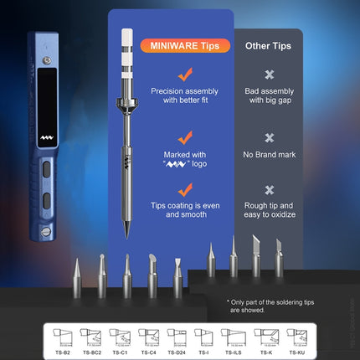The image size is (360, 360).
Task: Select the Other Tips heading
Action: click(269, 46)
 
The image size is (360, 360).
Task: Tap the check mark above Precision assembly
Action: click(185, 74)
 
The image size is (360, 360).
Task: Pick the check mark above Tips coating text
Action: click(185, 189)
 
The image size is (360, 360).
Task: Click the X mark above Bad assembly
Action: click(269, 75)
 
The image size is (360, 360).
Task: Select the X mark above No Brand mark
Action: click(269, 138)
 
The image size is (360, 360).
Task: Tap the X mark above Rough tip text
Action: click(269, 190)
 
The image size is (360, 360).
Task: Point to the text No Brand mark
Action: click(269, 154)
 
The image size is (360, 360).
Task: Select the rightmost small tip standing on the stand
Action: click(280, 255)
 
